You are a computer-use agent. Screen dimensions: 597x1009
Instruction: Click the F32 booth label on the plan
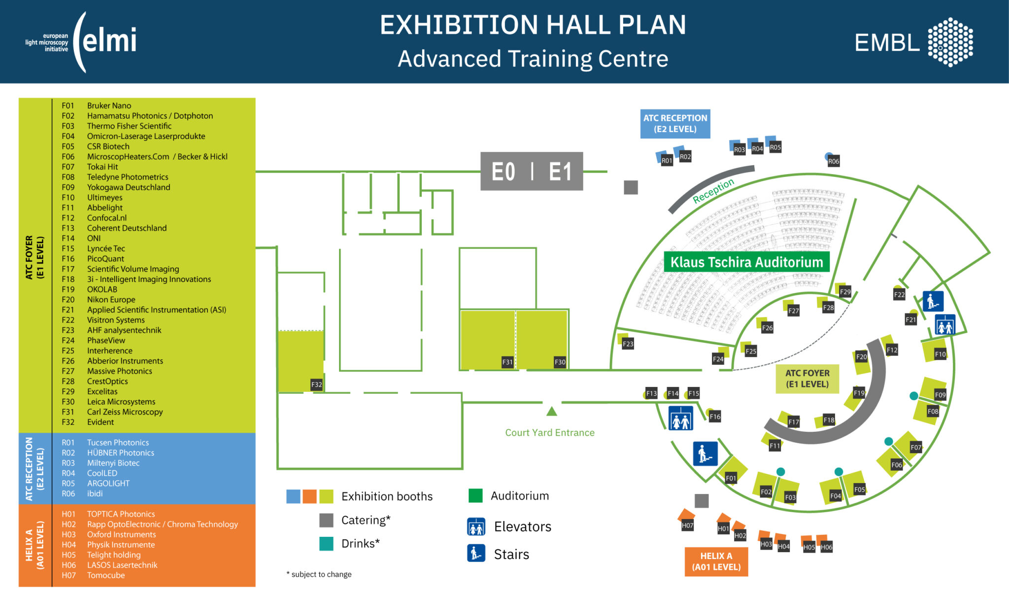316,385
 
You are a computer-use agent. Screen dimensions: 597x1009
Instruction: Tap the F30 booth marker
560,362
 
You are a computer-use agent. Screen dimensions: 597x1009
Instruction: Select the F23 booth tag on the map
628,344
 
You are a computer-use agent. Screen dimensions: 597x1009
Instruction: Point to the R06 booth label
833,161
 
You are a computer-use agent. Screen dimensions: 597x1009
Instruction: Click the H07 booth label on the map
687,526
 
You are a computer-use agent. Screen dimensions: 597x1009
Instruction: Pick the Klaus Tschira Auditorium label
746,262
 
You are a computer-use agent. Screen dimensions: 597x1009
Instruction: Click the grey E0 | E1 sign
532,172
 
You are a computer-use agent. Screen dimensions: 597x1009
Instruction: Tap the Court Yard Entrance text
549,433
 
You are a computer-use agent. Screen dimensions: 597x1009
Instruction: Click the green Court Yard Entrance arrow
552,411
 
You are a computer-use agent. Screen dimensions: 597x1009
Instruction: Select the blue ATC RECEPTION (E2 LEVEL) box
675,123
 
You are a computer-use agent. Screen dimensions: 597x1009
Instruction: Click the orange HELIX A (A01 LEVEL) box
716,562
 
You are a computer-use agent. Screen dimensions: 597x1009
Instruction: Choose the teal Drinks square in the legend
326,543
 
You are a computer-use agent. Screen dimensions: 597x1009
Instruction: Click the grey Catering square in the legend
326,520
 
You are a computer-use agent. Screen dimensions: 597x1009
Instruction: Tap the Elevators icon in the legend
476,527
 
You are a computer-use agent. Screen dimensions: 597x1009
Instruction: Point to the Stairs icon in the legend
476,553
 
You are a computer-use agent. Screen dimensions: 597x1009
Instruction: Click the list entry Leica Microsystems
121,402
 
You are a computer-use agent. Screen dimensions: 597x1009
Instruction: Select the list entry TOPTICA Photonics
121,514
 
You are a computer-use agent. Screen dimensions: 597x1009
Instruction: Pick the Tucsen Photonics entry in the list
118,443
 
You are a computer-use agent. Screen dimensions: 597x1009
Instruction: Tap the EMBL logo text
887,43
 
